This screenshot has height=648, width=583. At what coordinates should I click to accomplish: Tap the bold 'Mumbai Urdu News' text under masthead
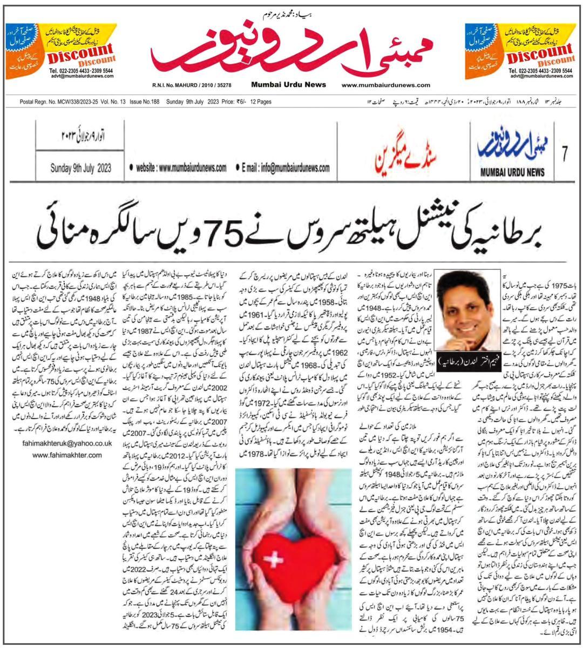(x=288, y=84)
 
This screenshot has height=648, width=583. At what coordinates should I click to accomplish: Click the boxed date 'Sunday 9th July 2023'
(x=81, y=168)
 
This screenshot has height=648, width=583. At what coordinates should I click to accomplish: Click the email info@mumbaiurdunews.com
(x=286, y=168)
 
